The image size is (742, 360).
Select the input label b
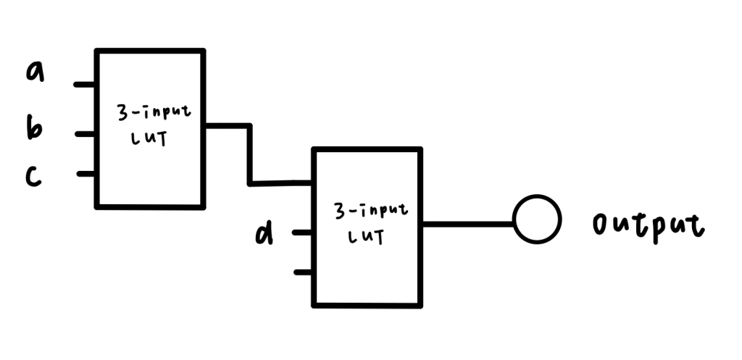tap(34, 129)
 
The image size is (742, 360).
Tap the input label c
tap(33, 176)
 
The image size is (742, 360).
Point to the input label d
tap(265, 233)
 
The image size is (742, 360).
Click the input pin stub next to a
tap(86, 85)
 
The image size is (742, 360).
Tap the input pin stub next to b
tap(86, 134)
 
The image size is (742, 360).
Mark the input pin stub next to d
tap(303, 233)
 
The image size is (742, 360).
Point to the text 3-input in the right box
tap(370, 212)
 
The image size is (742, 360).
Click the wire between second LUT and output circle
tap(467, 224)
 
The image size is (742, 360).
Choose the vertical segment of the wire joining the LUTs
tap(250, 154)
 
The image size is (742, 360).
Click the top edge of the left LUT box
tap(150, 51)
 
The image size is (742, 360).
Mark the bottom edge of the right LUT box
tap(367, 304)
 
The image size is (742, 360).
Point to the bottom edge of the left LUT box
tap(150, 206)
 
